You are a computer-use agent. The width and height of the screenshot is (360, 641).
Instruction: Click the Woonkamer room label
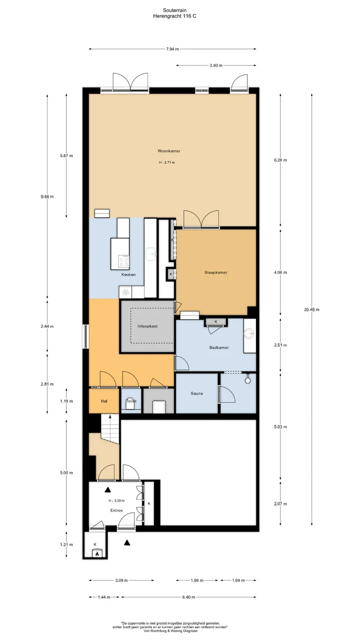[x=169, y=151]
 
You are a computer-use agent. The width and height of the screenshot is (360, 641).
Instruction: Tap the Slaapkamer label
[x=216, y=272]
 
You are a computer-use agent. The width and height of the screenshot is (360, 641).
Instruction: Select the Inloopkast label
[x=147, y=326]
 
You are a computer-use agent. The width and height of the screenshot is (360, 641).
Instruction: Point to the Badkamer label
[x=219, y=347]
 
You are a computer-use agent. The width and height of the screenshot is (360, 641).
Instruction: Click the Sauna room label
[x=196, y=393]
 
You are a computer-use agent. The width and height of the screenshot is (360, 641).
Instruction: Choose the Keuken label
[x=128, y=274]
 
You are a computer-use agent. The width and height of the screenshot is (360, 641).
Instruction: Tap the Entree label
[x=116, y=510]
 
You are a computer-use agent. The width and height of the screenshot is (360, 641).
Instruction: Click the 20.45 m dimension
[x=312, y=309]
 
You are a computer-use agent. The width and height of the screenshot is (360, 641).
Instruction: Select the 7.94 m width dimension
[x=173, y=49]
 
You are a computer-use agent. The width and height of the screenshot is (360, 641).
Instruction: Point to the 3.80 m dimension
[x=216, y=65]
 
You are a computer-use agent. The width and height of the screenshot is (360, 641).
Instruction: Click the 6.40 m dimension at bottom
[x=188, y=597]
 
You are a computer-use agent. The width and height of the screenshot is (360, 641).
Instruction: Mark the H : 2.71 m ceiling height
[x=167, y=162]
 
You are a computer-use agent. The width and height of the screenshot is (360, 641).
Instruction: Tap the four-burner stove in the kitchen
[x=124, y=260]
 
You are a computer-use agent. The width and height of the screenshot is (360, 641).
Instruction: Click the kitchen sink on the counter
[x=151, y=254]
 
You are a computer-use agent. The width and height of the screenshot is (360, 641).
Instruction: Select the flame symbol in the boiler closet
[x=97, y=554]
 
